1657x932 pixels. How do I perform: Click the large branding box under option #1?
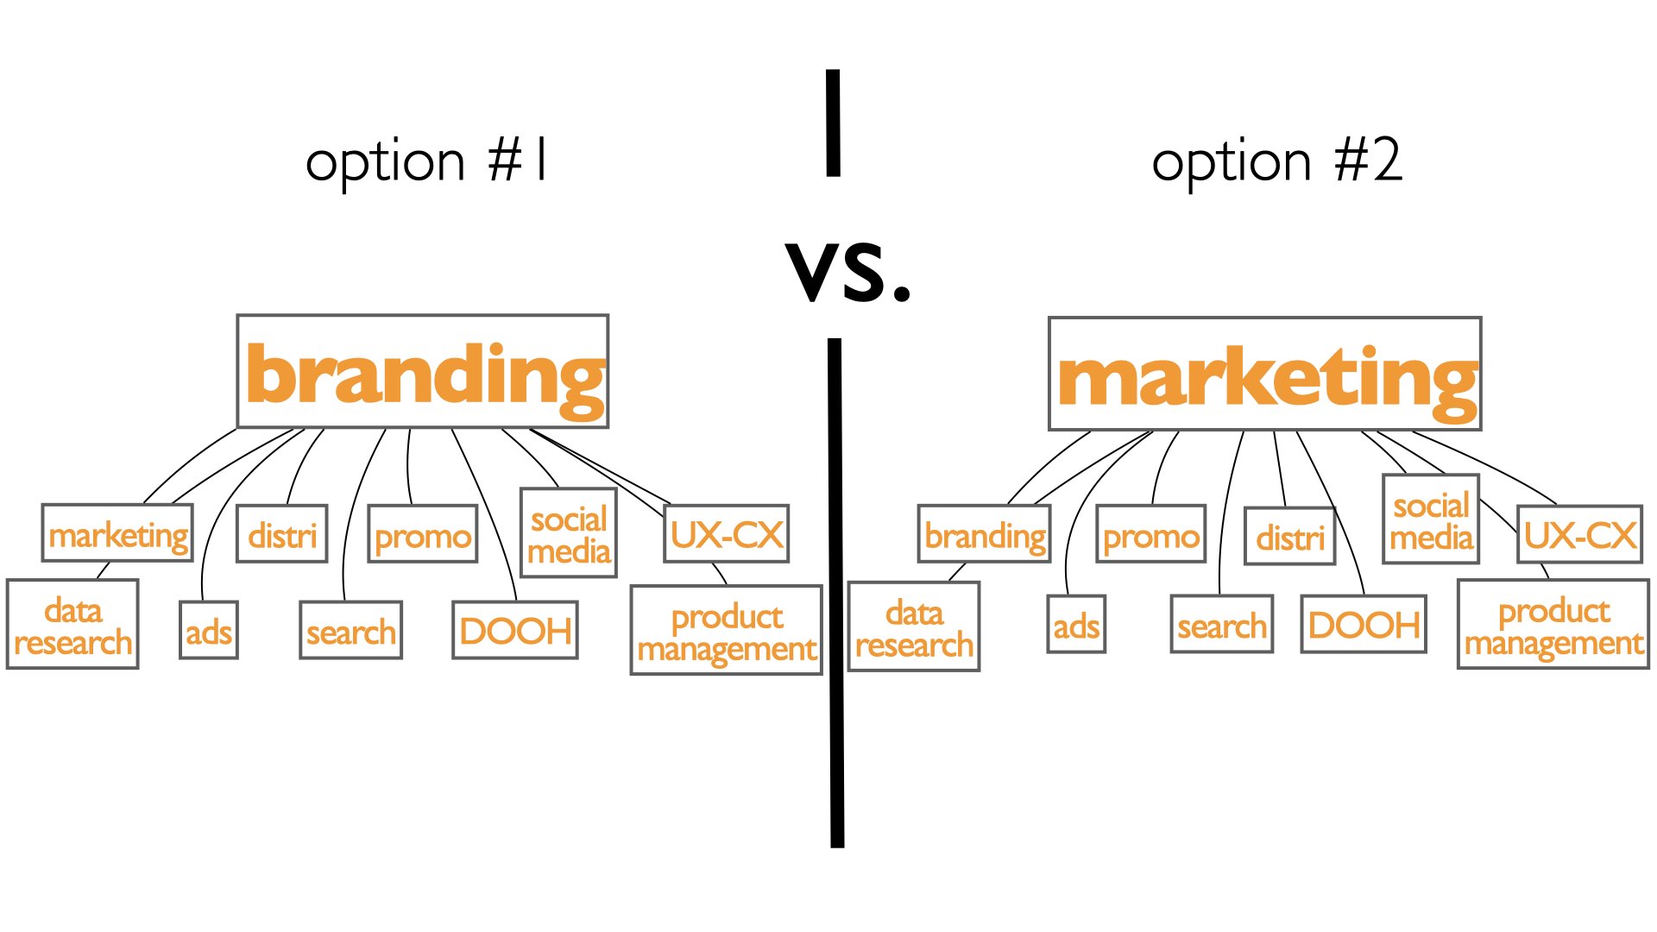423,371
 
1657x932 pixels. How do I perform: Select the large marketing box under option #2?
1265,374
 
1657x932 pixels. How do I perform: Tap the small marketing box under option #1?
117,533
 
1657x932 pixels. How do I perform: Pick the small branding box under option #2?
985,535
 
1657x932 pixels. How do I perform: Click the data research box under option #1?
72,624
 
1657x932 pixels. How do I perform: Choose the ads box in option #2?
1076,624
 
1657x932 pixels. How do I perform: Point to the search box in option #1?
350,631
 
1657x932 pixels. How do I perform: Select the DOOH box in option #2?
1364,624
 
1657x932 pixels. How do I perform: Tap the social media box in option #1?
569,533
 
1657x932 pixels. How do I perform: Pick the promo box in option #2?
1151,535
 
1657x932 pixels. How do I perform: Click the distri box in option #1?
282,534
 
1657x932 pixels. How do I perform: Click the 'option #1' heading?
426,161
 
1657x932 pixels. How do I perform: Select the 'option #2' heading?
1277,161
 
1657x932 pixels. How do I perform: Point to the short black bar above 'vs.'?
833,123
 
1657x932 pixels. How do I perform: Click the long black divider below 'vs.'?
835,593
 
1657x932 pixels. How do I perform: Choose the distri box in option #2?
1290,537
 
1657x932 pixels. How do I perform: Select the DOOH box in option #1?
515,631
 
